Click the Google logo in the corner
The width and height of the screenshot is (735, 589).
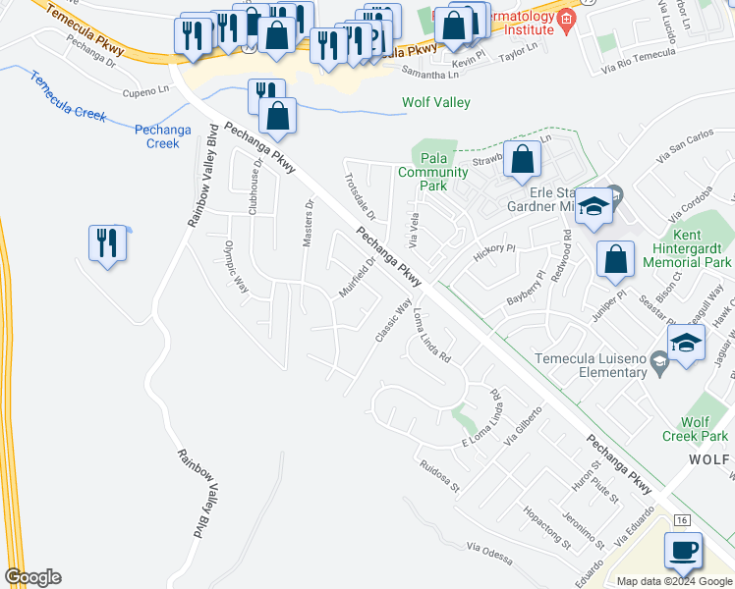(x=32, y=577)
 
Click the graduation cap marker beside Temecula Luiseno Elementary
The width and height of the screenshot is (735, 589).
(x=686, y=344)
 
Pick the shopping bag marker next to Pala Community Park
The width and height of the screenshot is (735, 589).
(x=523, y=160)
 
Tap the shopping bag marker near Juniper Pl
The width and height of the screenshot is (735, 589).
(x=615, y=260)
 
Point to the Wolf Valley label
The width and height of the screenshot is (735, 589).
(x=436, y=103)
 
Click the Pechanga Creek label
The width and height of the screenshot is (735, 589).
(x=156, y=135)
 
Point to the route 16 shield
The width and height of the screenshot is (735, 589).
(x=684, y=519)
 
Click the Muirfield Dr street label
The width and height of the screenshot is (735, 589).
(x=358, y=277)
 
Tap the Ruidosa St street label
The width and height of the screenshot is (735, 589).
(x=437, y=474)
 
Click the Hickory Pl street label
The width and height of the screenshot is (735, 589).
(x=494, y=249)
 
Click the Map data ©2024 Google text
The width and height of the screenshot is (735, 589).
(x=675, y=580)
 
